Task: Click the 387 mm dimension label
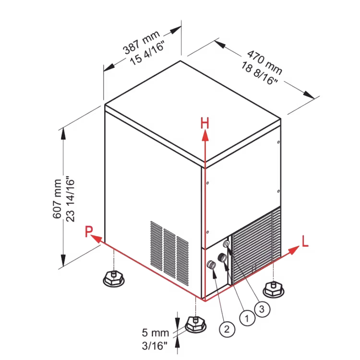[141, 42]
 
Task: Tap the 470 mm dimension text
[264, 62]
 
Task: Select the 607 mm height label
[57, 199]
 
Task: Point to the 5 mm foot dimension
[155, 333]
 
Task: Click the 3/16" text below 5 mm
[154, 346]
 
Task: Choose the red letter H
[205, 123]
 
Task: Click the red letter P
[89, 231]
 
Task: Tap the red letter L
[305, 241]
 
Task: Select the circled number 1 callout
[247, 318]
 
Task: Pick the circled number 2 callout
[227, 329]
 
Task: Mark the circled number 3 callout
[262, 309]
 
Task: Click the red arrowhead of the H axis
[205, 135]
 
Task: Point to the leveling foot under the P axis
[114, 278]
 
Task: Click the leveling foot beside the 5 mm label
[195, 324]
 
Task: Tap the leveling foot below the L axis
[273, 289]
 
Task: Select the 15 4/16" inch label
[147, 53]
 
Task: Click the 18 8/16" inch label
[259, 73]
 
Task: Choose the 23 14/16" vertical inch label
[71, 199]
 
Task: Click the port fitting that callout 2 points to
[211, 264]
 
